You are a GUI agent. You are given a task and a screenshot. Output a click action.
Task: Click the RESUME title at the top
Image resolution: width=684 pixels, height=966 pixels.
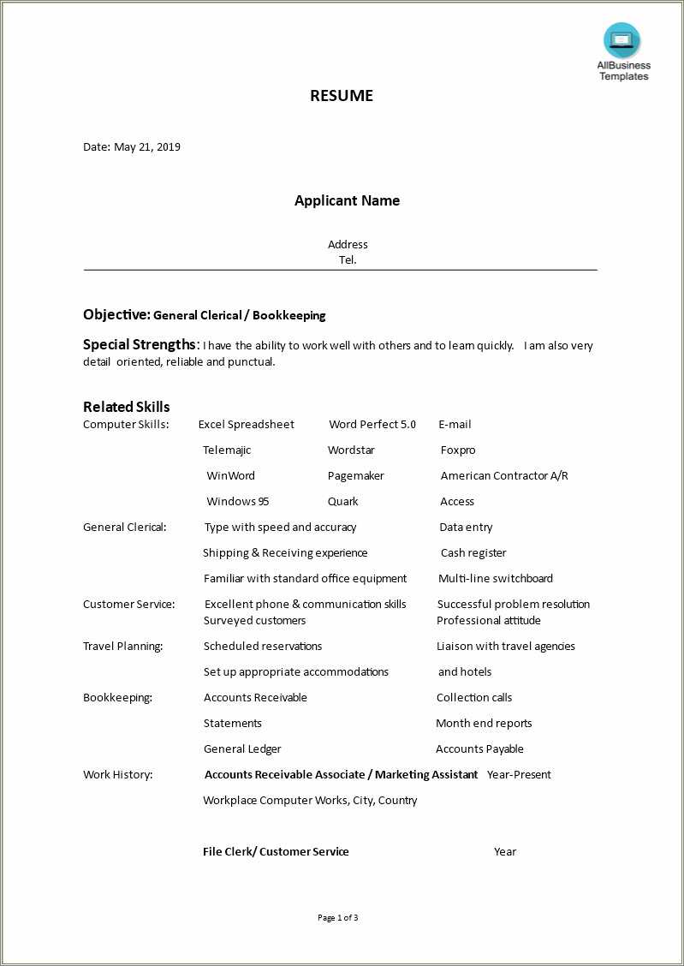pos(342,96)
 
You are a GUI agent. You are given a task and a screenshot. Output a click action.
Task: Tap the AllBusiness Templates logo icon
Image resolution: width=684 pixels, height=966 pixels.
pos(622,40)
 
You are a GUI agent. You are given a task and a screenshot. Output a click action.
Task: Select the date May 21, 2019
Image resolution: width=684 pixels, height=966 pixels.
pos(146,146)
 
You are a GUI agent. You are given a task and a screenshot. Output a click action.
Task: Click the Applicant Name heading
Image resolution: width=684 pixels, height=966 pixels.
pos(347,200)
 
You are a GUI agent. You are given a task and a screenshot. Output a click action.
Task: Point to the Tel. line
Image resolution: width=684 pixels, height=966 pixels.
pos(348,259)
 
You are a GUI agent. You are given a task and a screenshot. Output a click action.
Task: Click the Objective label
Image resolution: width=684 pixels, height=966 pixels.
pos(116,314)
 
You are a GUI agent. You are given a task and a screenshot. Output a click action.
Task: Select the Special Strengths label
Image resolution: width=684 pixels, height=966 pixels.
pos(140,344)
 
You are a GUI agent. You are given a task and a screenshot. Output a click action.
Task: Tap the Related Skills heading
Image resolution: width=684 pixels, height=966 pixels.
pos(126,407)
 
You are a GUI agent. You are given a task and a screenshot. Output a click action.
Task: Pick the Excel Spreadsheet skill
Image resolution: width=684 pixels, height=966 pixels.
pos(246,424)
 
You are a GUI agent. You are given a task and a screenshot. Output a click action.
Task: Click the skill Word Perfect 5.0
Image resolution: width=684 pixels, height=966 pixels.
pos(372,424)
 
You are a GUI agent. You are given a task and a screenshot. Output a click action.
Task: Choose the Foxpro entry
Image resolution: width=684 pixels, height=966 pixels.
pos(458,450)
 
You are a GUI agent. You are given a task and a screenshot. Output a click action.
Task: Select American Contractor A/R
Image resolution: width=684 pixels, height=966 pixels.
pos(504,475)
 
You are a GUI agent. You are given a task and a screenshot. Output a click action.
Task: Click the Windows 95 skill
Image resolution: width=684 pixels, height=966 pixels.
pos(237,501)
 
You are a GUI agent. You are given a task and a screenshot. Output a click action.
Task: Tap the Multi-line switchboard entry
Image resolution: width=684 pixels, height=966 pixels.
pos(496,578)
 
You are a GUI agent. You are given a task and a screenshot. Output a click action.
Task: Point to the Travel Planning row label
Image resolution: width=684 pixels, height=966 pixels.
pos(122,646)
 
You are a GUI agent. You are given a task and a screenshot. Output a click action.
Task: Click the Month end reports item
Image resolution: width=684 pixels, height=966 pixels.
pos(484,723)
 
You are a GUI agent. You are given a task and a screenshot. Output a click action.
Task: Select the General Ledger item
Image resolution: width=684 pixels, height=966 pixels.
pos(242,748)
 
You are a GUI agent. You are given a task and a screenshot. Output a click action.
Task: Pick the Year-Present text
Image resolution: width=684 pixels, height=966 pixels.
pos(519,774)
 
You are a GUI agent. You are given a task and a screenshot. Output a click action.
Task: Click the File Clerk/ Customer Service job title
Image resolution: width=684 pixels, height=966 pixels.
pos(276,851)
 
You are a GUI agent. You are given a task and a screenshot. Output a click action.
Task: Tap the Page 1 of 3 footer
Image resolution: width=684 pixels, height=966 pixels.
pos(337,917)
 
